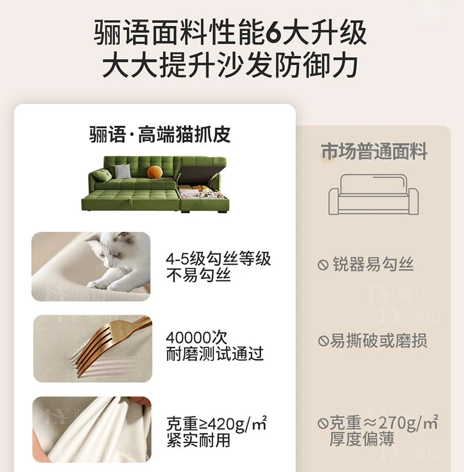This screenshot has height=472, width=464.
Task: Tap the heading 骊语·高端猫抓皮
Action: click(160, 135)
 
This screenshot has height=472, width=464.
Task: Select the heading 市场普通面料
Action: click(374, 152)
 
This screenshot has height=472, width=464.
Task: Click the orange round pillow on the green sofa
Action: click(154, 172)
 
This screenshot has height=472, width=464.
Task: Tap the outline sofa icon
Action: click(374, 195)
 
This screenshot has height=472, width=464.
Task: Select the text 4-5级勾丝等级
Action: click(218, 259)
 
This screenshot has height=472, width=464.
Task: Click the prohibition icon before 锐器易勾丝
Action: click(323, 265)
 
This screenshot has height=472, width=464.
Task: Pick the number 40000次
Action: click(196, 337)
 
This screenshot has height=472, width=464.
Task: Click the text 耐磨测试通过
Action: click(215, 354)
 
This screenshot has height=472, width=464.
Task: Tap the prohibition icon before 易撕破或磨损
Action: click(323, 341)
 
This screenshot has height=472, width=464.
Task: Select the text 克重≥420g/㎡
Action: click(217, 424)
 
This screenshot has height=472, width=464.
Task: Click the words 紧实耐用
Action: click(199, 440)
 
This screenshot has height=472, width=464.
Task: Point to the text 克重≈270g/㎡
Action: click(384, 423)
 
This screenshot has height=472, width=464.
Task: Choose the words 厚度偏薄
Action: click(361, 438)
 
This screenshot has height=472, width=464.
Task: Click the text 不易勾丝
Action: click(199, 275)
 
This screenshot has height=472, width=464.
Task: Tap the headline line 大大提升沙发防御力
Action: click(230, 65)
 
